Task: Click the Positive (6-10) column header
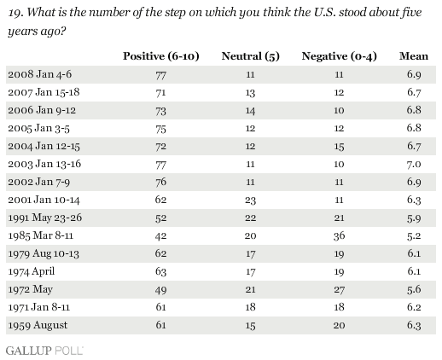click(161, 56)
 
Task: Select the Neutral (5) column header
click(251, 56)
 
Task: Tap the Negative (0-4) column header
click(340, 56)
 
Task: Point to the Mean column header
click(414, 56)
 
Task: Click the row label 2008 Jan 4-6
click(40, 74)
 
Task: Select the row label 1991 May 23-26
click(45, 218)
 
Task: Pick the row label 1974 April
click(32, 272)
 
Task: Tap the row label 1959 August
click(38, 325)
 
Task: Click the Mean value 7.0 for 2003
click(414, 165)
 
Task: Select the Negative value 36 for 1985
click(340, 236)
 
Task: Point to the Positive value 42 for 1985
click(160, 236)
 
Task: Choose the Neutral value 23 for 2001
click(250, 200)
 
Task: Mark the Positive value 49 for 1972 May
click(160, 290)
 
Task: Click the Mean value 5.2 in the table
click(414, 236)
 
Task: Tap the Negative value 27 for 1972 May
click(340, 290)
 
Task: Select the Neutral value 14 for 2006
click(250, 111)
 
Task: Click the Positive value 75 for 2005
click(160, 129)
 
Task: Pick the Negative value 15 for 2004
click(340, 147)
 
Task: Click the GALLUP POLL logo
click(44, 351)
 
